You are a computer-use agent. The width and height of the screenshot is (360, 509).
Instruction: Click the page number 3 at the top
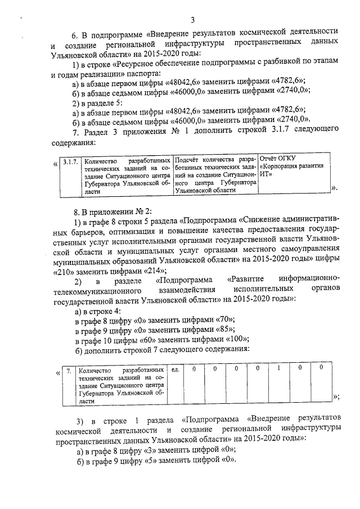[192, 21]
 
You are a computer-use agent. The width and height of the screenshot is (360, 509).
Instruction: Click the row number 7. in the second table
[68, 371]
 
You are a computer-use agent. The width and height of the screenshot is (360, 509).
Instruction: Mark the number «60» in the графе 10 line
[148, 339]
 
